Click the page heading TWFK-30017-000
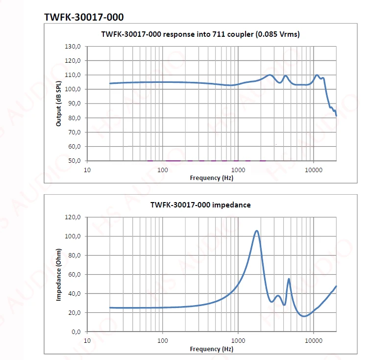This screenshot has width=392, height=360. click(x=84, y=17)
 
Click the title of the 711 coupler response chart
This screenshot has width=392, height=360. click(x=200, y=34)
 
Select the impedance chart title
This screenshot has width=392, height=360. click(x=200, y=205)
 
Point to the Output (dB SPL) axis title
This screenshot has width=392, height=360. click(x=59, y=103)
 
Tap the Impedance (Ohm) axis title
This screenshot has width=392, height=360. click(x=59, y=274)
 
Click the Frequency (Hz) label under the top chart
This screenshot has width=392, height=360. click(x=212, y=178)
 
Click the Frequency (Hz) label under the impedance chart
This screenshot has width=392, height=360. click(x=212, y=349)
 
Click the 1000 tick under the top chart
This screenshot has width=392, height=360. click(x=238, y=170)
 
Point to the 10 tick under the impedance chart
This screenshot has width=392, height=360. click(x=87, y=341)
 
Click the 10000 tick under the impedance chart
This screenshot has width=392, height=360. click(x=314, y=341)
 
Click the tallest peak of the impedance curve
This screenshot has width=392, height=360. click(x=256, y=231)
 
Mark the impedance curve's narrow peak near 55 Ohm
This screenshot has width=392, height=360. click(x=289, y=279)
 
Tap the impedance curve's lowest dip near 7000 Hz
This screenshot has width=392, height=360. click(x=304, y=316)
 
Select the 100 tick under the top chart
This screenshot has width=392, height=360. click(x=163, y=170)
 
